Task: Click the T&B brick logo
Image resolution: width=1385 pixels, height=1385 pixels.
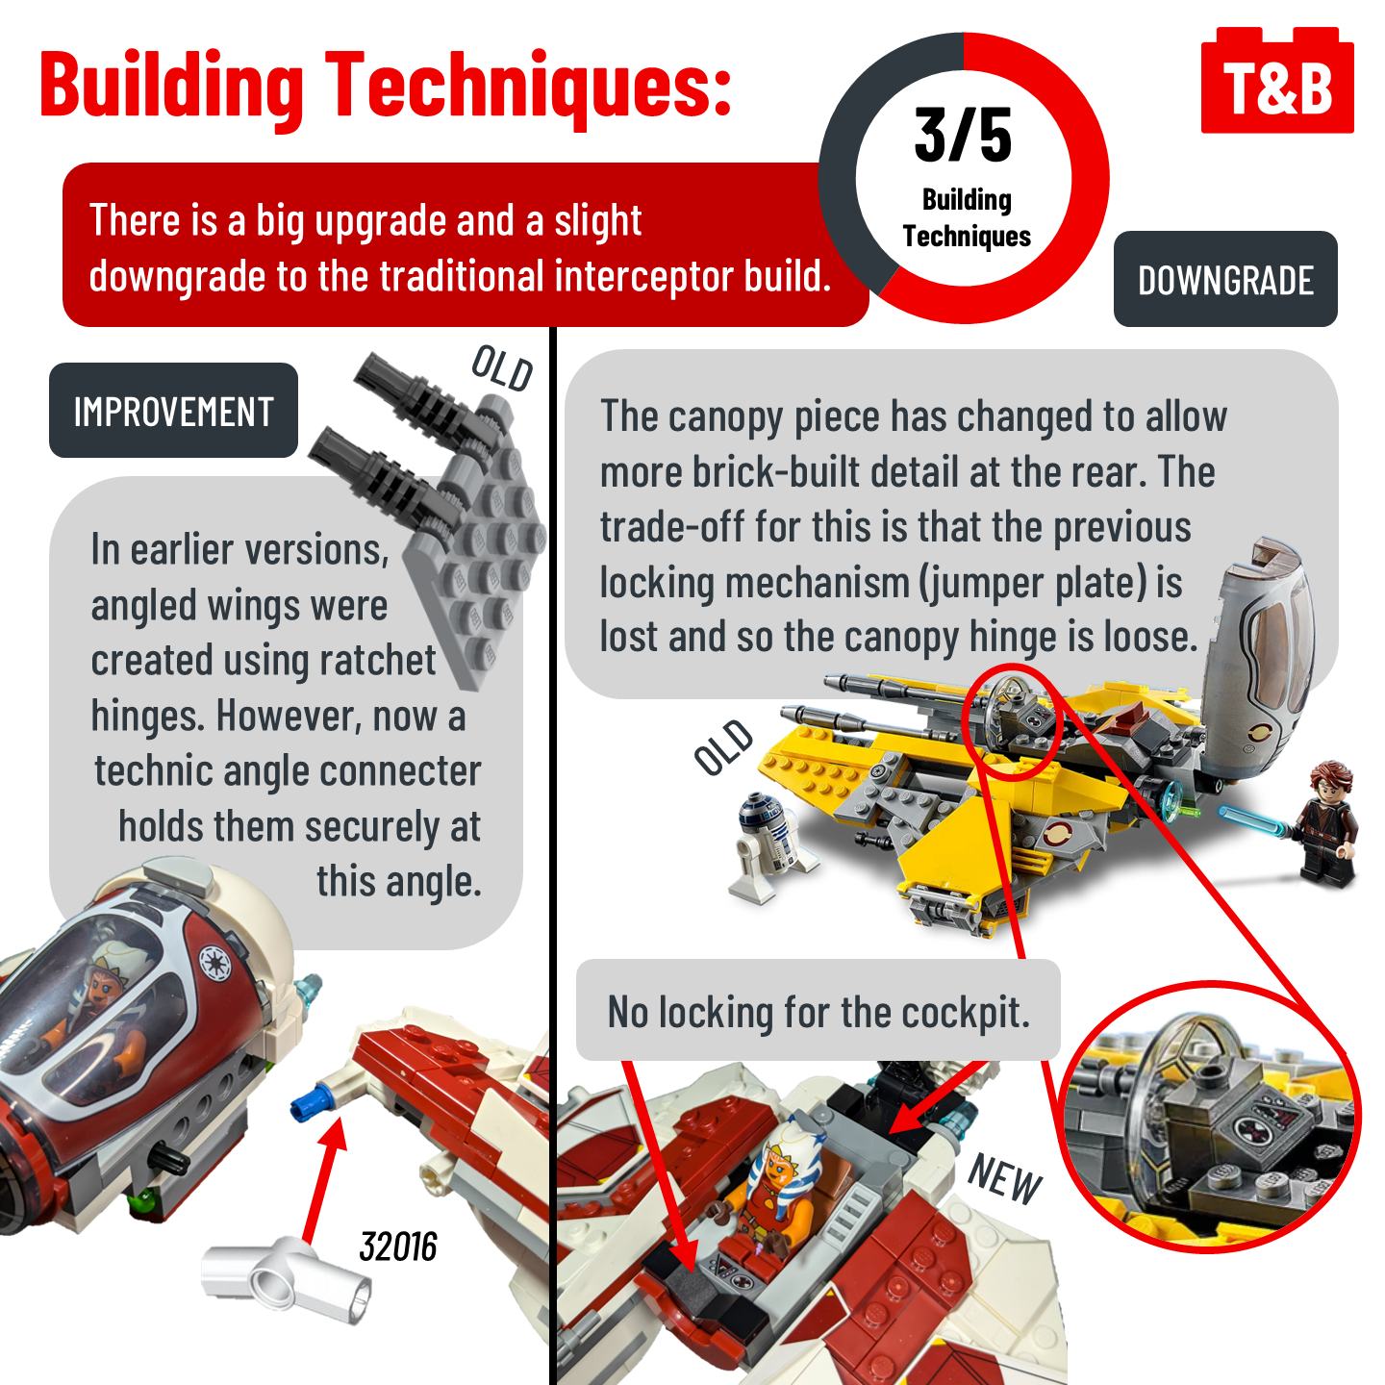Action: pyautogui.click(x=1276, y=81)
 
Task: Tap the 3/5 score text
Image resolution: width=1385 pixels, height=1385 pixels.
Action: pyautogui.click(x=963, y=135)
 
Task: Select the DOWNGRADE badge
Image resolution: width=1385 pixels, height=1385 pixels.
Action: pyautogui.click(x=1224, y=279)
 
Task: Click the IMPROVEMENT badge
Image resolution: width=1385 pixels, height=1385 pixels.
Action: pyautogui.click(x=173, y=411)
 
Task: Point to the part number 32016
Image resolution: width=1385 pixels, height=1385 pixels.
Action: pyautogui.click(x=397, y=1246)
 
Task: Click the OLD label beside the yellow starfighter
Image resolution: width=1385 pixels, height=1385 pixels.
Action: pyautogui.click(x=724, y=747)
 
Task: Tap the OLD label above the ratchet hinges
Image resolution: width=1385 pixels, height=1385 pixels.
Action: pyautogui.click(x=502, y=368)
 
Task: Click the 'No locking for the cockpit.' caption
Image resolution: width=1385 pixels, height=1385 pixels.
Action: pyautogui.click(x=818, y=1012)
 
